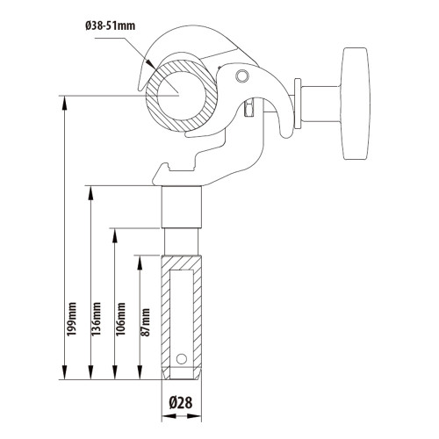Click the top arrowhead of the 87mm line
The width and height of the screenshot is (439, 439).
click(139, 259)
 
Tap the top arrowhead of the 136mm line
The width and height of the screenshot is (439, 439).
click(90, 191)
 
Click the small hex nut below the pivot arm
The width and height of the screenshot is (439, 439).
click(248, 110)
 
